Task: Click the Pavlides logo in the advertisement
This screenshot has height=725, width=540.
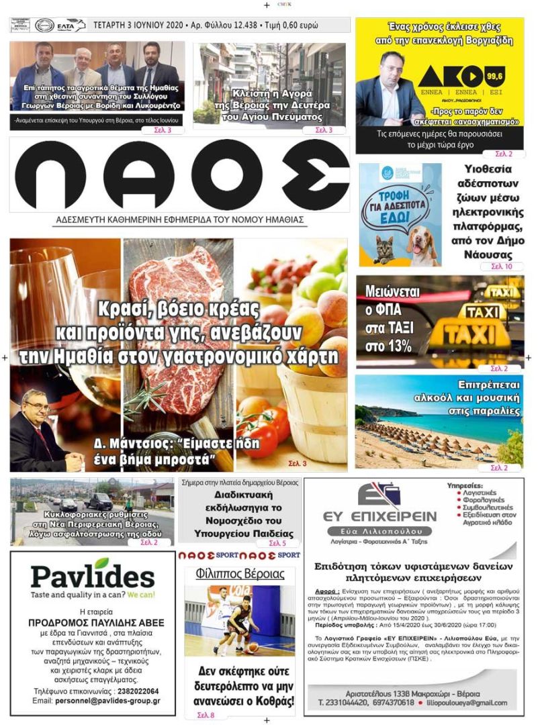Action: tap(93, 575)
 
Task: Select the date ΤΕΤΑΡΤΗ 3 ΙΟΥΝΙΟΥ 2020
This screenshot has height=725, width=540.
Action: tap(137, 26)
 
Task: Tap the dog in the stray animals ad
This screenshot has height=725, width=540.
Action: tap(422, 245)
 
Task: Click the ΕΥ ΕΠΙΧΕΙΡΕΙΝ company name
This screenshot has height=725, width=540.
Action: tap(379, 516)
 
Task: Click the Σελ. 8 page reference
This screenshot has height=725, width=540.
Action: tap(206, 716)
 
